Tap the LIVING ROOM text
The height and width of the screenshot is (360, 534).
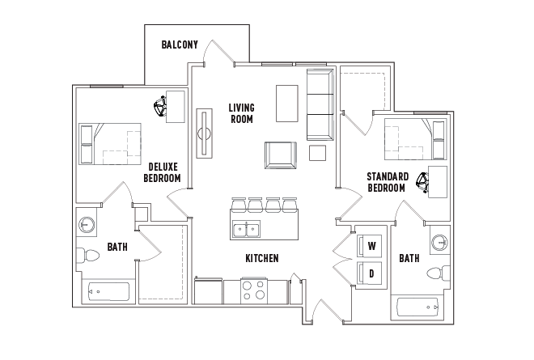(240, 113)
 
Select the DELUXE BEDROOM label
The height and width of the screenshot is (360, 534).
(162, 172)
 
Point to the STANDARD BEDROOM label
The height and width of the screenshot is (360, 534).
(386, 182)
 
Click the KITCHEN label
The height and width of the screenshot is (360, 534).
(261, 258)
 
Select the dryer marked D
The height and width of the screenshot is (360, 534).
(371, 273)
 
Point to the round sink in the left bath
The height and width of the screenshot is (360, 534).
(87, 224)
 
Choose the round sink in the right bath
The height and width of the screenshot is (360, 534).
(439, 242)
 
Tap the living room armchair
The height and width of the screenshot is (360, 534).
(280, 155)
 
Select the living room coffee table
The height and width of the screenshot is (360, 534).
(287, 104)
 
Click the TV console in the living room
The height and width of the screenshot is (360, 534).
(204, 134)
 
